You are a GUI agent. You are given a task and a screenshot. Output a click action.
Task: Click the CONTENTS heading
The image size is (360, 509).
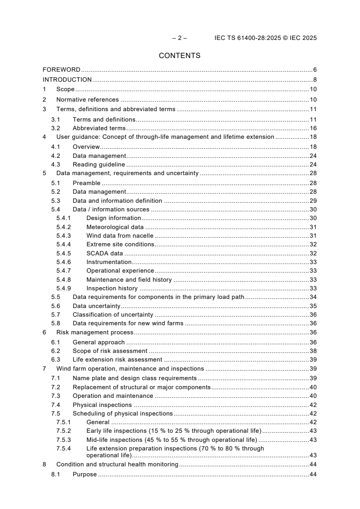180,56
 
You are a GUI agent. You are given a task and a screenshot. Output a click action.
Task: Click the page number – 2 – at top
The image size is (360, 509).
180,38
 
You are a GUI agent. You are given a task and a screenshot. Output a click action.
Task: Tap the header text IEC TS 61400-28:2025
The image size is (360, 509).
246,38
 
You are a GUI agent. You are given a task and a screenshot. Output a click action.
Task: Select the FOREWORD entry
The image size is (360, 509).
61,70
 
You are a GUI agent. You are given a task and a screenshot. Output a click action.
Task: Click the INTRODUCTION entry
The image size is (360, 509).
67,80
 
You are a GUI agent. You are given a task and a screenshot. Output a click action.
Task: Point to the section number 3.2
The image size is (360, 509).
55,128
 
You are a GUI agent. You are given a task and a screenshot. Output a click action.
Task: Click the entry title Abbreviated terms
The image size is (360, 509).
99,128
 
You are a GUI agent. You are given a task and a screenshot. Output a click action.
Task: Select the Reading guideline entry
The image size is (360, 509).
99,165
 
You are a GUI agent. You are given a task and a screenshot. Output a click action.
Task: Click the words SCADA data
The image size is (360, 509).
104,254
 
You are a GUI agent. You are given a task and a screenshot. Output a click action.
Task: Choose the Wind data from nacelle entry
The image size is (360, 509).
120,235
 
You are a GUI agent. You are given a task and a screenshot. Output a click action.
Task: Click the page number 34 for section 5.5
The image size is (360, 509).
313,297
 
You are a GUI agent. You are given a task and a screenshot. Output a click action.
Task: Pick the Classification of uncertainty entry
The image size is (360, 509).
113,315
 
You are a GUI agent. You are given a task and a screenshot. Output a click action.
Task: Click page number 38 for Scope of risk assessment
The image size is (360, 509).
313,351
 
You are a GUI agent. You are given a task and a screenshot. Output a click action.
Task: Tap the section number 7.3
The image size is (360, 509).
55,396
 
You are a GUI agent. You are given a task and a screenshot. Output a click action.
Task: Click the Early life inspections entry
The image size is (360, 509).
173,431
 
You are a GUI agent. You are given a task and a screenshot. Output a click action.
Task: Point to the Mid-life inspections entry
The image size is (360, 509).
172,440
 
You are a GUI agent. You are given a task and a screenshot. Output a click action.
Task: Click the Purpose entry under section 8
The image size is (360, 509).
84,475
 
